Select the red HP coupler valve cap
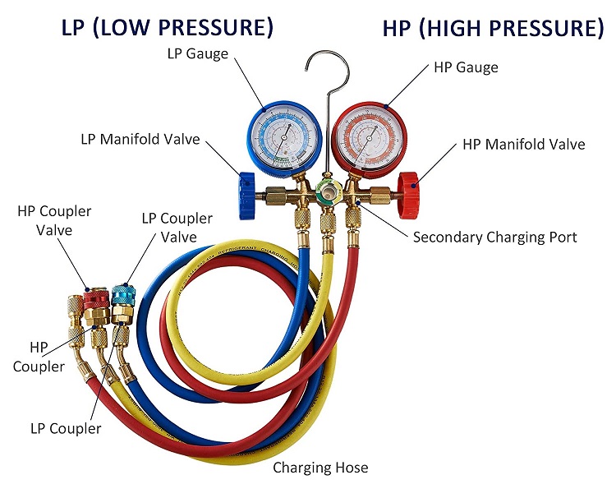click(x=96, y=294)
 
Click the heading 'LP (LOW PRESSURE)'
click(x=168, y=28)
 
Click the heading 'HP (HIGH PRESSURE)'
click(x=493, y=28)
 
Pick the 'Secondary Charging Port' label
click(x=494, y=237)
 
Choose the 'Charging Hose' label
click(x=320, y=468)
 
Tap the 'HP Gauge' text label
click(x=466, y=67)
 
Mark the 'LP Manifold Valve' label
click(x=140, y=139)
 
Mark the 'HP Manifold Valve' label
click(x=523, y=145)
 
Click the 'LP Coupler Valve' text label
click(x=177, y=228)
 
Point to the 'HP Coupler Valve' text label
click(x=54, y=221)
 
